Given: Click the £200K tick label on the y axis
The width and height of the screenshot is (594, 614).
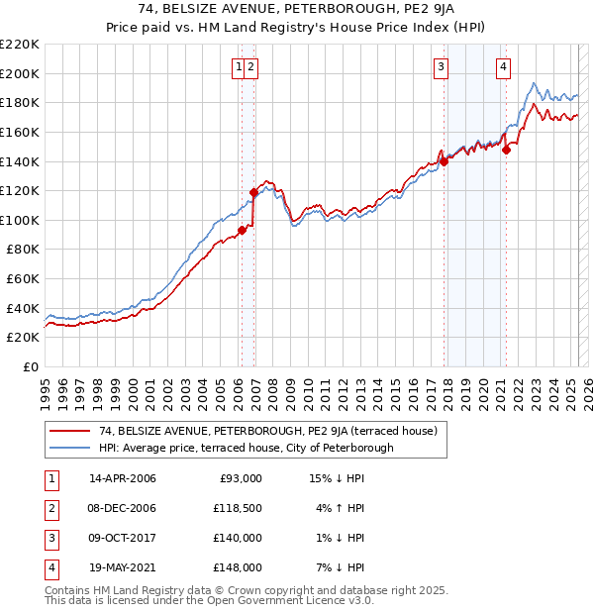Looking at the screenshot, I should tap(20, 73).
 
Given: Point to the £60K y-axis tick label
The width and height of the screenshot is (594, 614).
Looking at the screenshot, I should tap(23, 279).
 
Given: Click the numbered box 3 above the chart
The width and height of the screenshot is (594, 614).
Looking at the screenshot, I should tap(440, 67).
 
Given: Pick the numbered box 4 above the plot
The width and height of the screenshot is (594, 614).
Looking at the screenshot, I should tap(503, 67).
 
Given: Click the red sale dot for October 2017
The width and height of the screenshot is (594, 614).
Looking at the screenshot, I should tap(445, 161).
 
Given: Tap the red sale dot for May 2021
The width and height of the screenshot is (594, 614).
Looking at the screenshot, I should tap(506, 151).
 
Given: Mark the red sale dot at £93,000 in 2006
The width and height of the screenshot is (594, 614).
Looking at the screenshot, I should tap(242, 231).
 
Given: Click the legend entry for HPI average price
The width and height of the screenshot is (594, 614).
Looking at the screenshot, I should tap(246, 448).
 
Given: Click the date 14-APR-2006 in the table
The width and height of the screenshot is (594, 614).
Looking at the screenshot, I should tap(122, 478).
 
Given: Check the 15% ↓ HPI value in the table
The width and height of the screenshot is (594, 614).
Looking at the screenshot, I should tap(338, 478).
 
